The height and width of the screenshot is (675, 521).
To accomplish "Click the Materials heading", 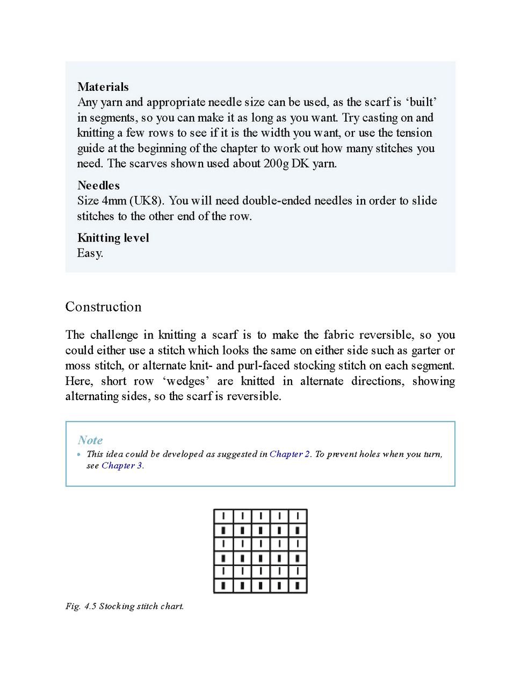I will tap(103, 87).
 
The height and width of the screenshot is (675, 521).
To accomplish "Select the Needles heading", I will tap(98, 186).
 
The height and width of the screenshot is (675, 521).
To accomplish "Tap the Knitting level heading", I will tap(113, 238).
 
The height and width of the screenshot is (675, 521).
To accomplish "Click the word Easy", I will tap(90, 253).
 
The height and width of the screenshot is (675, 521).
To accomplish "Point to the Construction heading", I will tap(103, 307).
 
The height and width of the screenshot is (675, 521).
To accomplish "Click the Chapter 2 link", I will tap(290, 454).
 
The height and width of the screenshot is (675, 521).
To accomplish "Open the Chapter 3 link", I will tap(121, 466).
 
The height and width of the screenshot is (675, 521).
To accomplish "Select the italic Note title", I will tap(90, 440).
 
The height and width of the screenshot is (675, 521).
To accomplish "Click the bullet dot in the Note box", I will tap(79, 454).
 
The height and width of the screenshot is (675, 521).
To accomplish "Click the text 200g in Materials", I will tap(276, 164).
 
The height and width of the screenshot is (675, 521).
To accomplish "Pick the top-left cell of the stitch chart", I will tap(223, 516).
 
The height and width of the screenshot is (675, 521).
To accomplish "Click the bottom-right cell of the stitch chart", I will tap(298, 585).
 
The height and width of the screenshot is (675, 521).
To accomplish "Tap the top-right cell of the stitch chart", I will tap(298, 516).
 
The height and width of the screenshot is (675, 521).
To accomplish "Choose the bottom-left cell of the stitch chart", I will tap(223, 585).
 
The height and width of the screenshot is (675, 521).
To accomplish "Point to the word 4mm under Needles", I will tap(114, 201).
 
